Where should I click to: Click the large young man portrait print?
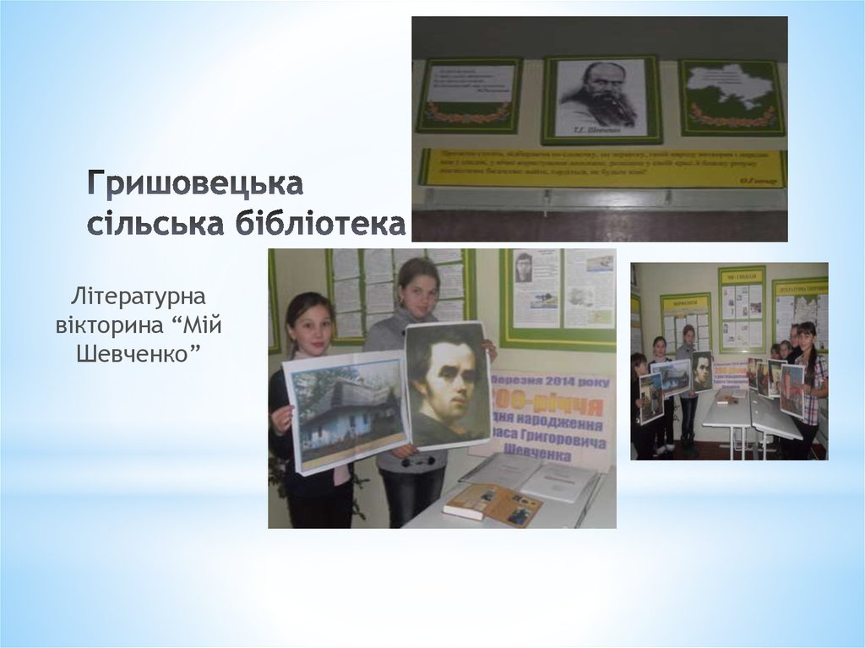pos(448,385)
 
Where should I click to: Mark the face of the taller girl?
pos(418,288)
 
